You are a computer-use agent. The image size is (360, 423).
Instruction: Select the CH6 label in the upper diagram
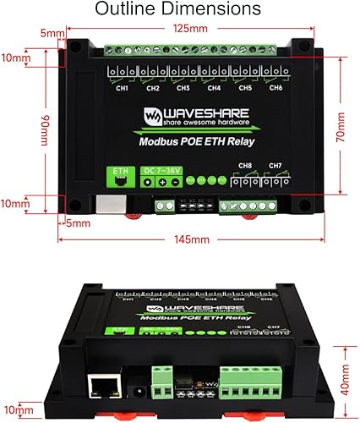[275, 88]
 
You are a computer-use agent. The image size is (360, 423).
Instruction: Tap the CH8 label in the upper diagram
[245, 165]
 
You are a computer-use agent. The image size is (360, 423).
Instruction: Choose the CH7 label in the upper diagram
[275, 165]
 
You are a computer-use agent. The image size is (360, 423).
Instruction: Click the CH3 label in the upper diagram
[183, 88]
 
